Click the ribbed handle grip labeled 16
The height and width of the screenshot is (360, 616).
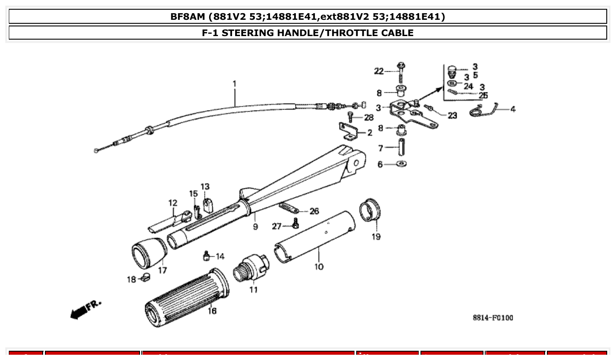click(187, 299)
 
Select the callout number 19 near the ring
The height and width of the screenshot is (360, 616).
click(376, 237)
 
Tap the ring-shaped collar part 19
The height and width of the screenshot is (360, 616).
click(370, 210)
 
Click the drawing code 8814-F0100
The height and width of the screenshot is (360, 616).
click(493, 318)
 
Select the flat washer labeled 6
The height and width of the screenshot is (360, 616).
click(401, 164)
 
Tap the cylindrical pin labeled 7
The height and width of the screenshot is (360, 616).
click(402, 147)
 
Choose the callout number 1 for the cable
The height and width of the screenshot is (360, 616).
click(234, 83)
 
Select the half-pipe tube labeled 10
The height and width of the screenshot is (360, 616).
click(314, 238)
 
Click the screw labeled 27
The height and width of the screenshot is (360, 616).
click(295, 225)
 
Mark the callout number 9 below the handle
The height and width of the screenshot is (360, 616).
click(255, 227)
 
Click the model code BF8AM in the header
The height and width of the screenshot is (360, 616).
click(188, 17)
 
